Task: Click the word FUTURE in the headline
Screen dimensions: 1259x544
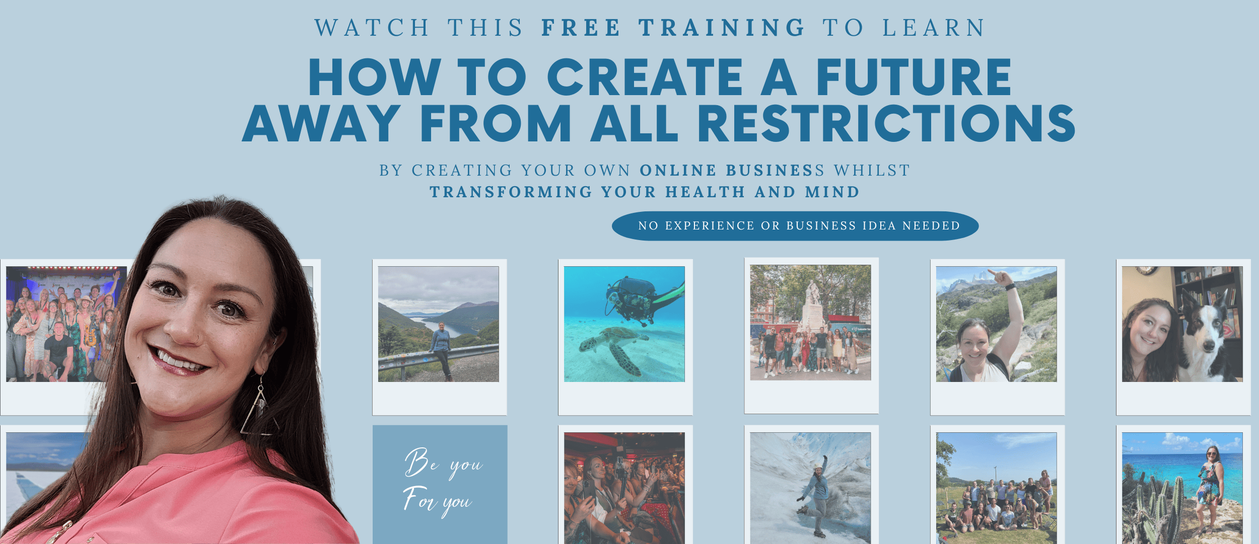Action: (914, 76)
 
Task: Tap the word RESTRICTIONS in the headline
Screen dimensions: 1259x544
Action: (886, 123)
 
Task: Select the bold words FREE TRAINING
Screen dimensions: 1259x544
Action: (673, 28)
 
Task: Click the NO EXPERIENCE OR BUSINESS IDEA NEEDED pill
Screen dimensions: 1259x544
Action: (795, 226)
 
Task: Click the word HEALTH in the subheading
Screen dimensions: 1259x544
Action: (705, 192)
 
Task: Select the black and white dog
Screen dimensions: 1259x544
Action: (1206, 337)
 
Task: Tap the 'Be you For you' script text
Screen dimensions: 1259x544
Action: (442, 482)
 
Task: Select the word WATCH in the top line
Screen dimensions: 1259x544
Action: (372, 28)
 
